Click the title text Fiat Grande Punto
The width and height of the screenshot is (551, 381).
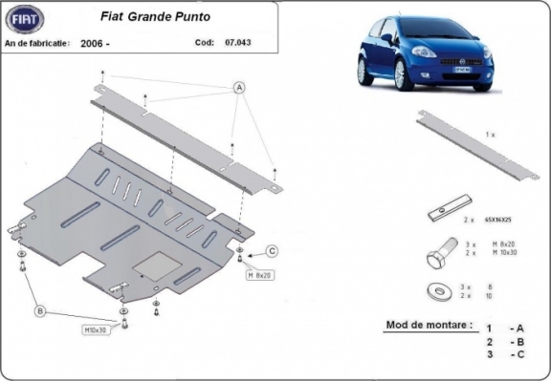[x=146, y=16]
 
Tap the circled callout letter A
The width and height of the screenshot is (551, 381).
[x=237, y=87]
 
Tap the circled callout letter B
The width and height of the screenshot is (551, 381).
[x=41, y=310]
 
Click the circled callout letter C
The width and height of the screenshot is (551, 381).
[x=272, y=251]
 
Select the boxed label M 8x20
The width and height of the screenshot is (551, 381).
[x=260, y=276]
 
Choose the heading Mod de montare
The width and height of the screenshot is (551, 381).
[x=429, y=325]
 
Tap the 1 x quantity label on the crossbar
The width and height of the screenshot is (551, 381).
[x=491, y=136]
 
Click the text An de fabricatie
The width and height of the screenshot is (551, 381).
[x=37, y=44]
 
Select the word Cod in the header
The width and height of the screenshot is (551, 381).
[x=204, y=43]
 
